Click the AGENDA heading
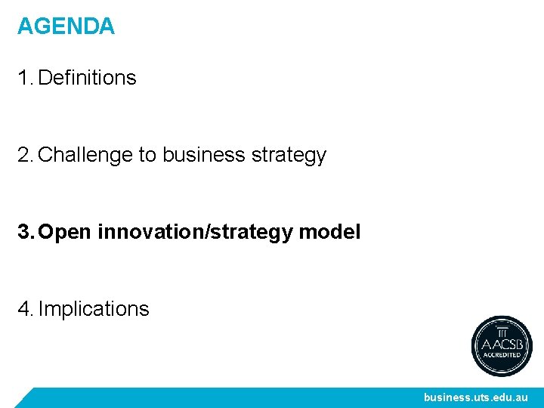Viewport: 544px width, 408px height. coord(66,26)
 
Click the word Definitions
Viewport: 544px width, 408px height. coord(87,78)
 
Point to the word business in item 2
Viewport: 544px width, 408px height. coord(203,155)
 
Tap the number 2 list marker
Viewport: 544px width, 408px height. coord(24,155)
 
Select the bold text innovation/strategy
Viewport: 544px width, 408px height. coord(196,232)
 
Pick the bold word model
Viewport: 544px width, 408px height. coord(330,232)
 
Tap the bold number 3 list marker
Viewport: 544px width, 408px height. coord(24,232)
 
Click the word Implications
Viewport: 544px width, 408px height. coord(94,309)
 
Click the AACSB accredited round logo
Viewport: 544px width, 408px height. coord(502,346)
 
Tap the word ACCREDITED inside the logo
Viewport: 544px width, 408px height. coord(502,354)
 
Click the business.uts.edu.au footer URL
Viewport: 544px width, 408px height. coord(475,397)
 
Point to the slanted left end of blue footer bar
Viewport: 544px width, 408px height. coord(27,397)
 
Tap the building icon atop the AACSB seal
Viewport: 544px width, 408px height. coord(502,331)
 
